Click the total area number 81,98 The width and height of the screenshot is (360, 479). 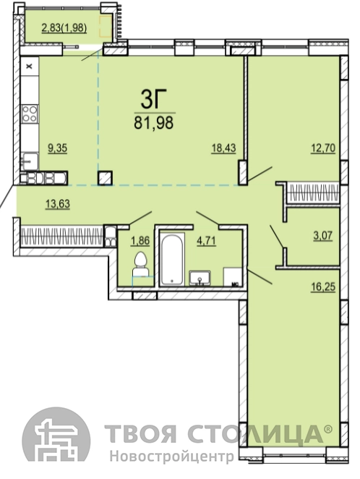153,122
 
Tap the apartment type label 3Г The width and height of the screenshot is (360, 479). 150,100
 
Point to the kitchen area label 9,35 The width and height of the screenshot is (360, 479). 57,148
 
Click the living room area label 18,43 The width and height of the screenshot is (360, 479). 223,148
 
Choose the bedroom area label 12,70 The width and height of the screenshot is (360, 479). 323,148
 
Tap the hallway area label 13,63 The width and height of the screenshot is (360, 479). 57,203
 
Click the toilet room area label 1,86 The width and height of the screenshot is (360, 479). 140,241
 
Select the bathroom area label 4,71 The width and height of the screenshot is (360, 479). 206,241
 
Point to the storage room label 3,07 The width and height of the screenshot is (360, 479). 323,236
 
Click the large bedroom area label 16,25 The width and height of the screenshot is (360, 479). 323,287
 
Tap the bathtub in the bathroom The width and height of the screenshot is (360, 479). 172,259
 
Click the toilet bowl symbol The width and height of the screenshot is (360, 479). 140,265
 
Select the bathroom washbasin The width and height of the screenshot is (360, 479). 200,277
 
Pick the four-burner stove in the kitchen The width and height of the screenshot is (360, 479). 30,114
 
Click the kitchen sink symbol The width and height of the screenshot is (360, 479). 30,161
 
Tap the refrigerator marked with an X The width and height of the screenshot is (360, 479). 30,66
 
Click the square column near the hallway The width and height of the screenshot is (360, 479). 105,178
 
